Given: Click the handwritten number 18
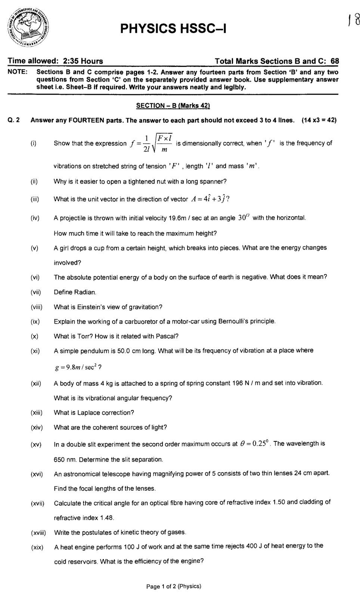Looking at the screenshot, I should point(353,19).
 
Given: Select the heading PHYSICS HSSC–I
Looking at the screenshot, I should point(173,28).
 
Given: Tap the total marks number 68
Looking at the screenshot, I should point(335,61).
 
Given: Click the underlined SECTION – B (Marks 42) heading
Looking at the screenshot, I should point(173,106).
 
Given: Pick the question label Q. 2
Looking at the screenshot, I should point(14,120).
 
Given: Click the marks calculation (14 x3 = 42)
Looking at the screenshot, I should point(319,120).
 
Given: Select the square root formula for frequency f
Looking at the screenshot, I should point(151,143).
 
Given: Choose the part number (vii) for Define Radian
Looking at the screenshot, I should point(36,292).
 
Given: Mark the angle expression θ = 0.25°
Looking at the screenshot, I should point(254,444).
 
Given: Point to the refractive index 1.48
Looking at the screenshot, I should point(106,518).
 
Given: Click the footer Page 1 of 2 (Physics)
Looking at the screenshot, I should point(173,586).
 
